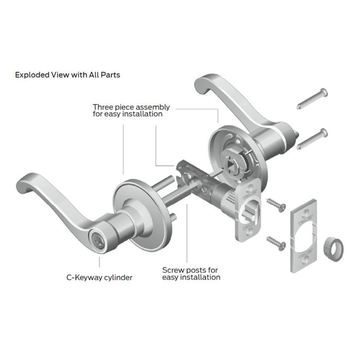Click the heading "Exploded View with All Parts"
tap(67, 75)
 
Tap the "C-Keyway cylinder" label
tap(99, 278)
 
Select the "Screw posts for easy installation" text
tap(191, 274)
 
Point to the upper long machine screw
tap(313, 99)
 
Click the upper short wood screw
tap(274, 203)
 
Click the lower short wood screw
tap(274, 241)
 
